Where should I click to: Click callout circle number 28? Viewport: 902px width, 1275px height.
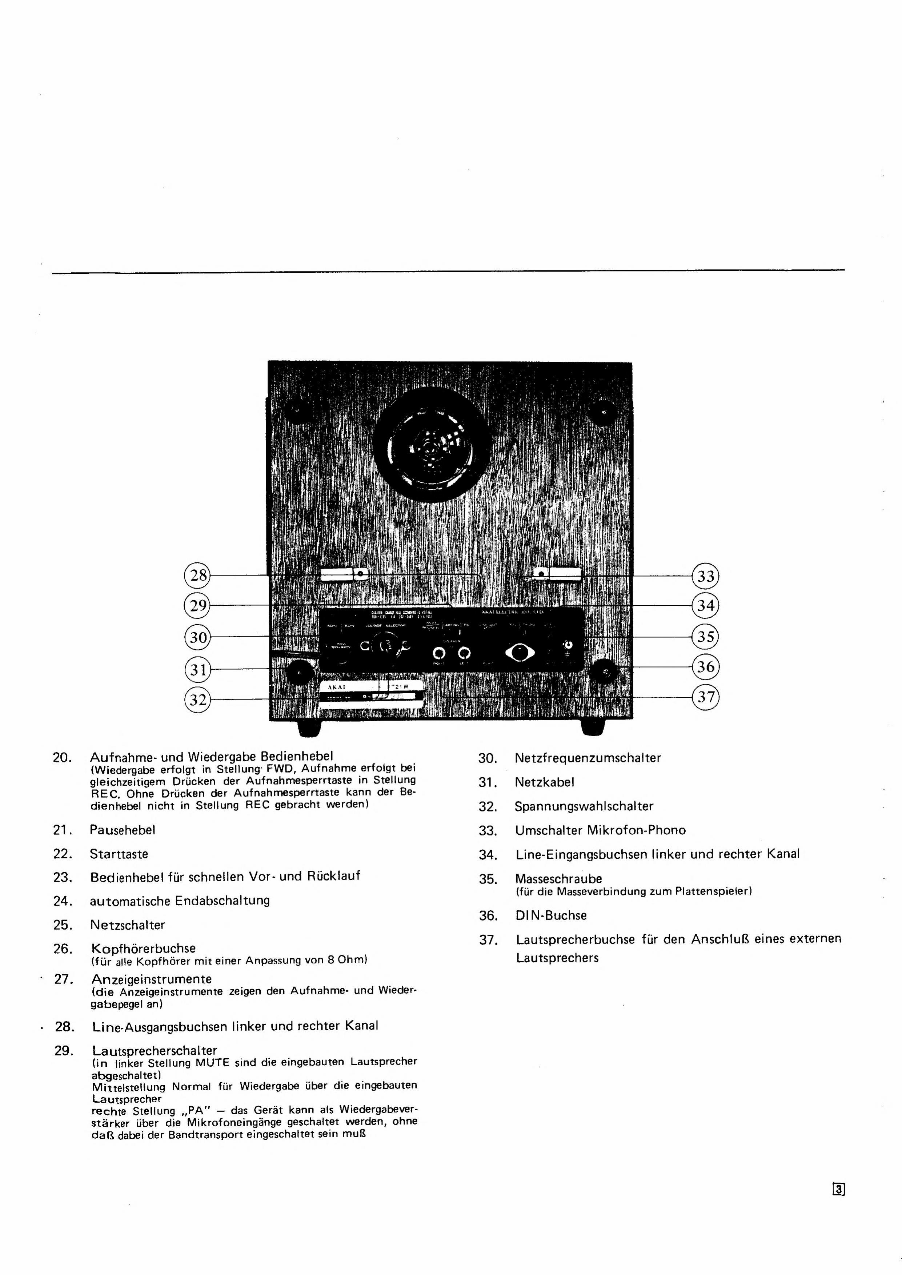(x=198, y=575)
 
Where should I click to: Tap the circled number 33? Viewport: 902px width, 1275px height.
(x=705, y=576)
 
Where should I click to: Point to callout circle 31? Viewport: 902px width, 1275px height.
(x=198, y=670)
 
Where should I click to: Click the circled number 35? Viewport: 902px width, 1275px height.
(x=705, y=636)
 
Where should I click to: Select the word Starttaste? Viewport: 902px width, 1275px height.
(x=119, y=854)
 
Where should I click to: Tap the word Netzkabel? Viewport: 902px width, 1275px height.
(x=544, y=782)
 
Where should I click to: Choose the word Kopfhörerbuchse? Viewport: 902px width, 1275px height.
(x=143, y=948)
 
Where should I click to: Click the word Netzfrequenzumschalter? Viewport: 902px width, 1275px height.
(x=588, y=758)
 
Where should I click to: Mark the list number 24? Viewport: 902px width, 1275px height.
(x=63, y=901)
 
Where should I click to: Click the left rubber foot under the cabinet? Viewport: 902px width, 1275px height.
(x=309, y=728)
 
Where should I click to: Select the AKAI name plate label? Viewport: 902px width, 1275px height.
(x=371, y=694)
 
